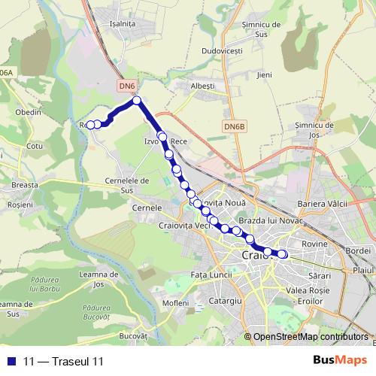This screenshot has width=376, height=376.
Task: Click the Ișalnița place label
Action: [x=123, y=44]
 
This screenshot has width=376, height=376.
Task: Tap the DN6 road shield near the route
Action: [x=127, y=87]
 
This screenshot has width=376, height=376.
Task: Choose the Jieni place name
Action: [x=264, y=75]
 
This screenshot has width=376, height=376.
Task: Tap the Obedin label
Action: [x=28, y=112]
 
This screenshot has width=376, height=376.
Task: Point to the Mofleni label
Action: [x=175, y=302]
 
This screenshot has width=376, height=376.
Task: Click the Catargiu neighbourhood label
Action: [x=225, y=300]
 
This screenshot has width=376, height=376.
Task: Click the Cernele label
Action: [x=147, y=207]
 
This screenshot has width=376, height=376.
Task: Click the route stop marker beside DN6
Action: [x=137, y=100]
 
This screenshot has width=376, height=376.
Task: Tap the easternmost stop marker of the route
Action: [x=283, y=254]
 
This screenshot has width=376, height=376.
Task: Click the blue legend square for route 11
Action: [x=11, y=361]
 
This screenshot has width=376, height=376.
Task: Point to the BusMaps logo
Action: [x=338, y=360]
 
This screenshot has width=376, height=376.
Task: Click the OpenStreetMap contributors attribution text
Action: [x=311, y=336]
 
